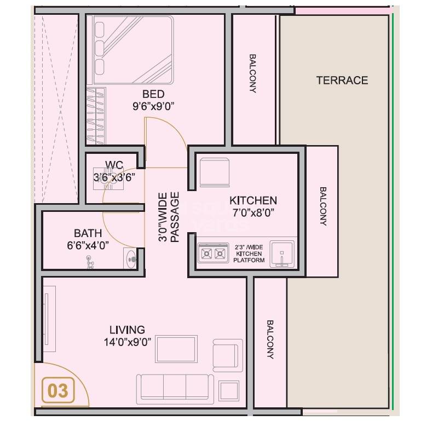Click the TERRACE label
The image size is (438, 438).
point(342,80)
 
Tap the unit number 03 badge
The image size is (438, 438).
point(58,391)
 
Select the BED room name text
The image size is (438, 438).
point(153,94)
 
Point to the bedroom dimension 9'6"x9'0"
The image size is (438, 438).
point(153,107)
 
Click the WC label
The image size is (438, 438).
point(114,165)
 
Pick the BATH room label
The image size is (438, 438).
point(88,233)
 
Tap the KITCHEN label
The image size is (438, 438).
point(253,200)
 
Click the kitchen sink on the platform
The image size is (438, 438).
point(283,253)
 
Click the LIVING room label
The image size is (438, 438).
point(127,330)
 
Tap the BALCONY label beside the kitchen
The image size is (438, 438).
point(322,207)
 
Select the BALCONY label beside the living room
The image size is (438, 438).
point(270,339)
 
